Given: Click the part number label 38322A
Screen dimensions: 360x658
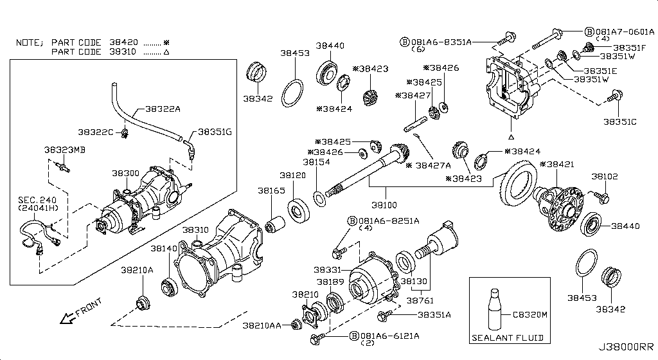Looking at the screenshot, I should pos(163,109).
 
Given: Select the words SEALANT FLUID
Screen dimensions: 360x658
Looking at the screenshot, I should pos(508,337).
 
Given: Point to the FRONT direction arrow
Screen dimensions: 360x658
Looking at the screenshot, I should pos(66,318).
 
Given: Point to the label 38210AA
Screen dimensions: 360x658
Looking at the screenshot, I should pos(262,326).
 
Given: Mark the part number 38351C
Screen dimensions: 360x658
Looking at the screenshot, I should pos(619,121).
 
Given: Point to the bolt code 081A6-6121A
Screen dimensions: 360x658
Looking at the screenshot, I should pos(388,336).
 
